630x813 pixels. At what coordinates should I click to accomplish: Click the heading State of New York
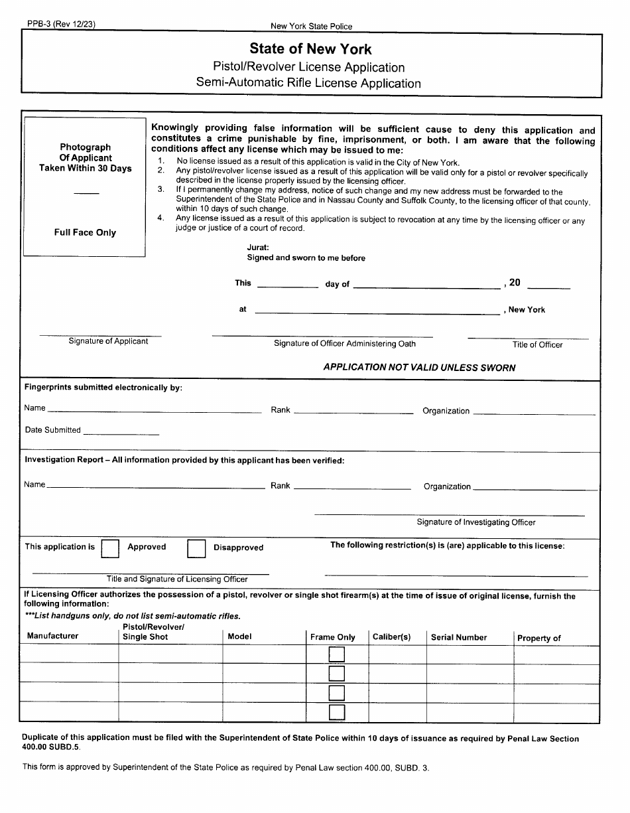pyautogui.click(x=310, y=49)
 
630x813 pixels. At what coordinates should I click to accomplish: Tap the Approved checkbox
pyautogui.click(x=110, y=548)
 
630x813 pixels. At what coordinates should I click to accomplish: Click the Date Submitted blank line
pyautogui.click(x=121, y=433)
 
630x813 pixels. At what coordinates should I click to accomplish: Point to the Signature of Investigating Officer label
pyautogui.click(x=475, y=522)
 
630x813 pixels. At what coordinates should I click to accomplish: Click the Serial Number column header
pyautogui.click(x=458, y=637)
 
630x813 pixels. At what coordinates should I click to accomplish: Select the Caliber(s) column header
pyautogui.click(x=391, y=637)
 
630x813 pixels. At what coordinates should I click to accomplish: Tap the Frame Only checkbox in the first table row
pyautogui.click(x=337, y=655)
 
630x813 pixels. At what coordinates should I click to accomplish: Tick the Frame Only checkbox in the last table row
pyautogui.click(x=337, y=712)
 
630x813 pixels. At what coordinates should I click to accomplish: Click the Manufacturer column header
pyautogui.click(x=52, y=636)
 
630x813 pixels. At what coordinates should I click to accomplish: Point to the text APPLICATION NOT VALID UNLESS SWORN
pyautogui.click(x=419, y=368)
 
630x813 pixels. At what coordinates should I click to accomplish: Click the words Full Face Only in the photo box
pyautogui.click(x=85, y=233)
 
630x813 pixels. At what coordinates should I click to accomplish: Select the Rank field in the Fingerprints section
pyautogui.click(x=353, y=411)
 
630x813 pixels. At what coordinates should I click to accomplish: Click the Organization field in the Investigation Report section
pyautogui.click(x=535, y=488)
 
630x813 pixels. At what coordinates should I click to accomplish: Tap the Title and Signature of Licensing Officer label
pyautogui.click(x=177, y=579)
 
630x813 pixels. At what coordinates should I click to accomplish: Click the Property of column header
pyautogui.click(x=538, y=638)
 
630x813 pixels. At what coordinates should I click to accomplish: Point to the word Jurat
pyautogui.click(x=258, y=247)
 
